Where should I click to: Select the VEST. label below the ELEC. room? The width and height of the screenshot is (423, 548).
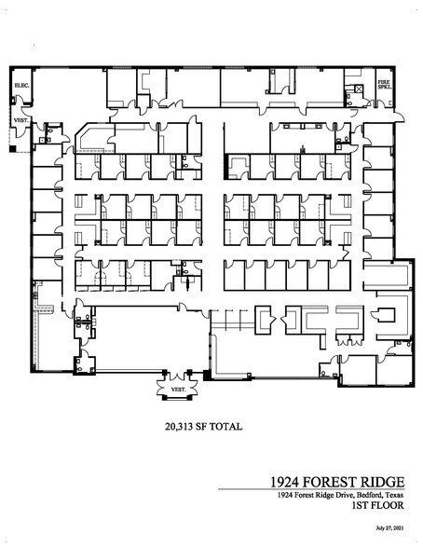[x=20, y=120]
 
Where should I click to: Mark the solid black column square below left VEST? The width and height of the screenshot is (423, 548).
[x=11, y=148]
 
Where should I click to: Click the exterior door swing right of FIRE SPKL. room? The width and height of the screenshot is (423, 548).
[x=400, y=113]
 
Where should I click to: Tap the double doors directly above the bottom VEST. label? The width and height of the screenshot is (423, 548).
[x=177, y=376]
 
